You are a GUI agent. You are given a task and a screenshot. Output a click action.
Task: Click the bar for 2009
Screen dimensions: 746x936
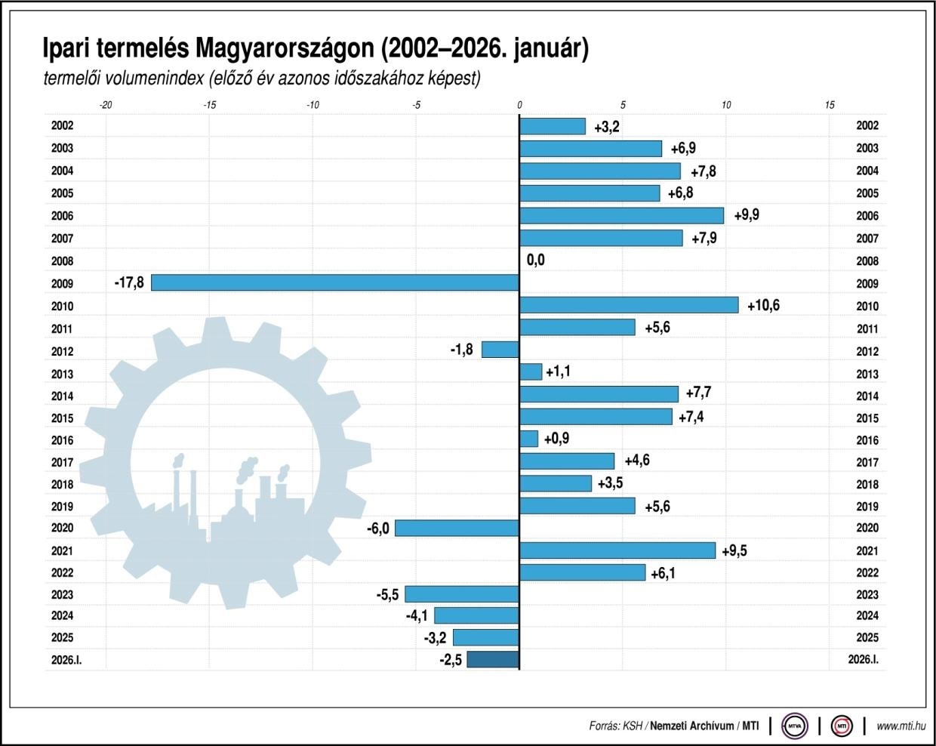(x=335, y=282)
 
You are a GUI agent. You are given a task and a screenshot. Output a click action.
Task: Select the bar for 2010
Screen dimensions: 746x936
(x=629, y=305)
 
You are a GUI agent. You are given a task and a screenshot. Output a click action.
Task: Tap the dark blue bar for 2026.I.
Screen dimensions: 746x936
(x=493, y=659)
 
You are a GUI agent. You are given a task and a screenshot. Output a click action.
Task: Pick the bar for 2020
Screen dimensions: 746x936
(x=457, y=528)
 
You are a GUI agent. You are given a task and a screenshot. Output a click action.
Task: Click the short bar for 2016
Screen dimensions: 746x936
(x=528, y=439)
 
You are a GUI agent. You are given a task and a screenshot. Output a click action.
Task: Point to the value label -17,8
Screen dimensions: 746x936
(x=129, y=283)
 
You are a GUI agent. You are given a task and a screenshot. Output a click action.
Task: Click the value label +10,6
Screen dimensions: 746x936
(x=763, y=306)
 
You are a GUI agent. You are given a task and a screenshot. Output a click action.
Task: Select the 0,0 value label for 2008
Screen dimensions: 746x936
(x=535, y=260)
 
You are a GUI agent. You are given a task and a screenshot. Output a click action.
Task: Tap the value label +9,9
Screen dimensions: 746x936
(x=744, y=215)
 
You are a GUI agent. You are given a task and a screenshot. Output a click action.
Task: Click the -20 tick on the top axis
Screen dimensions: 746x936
(x=106, y=105)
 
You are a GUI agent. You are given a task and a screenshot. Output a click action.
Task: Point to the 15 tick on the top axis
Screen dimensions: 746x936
(x=830, y=105)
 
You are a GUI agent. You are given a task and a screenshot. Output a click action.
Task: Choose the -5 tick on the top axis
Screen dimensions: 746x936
(x=416, y=105)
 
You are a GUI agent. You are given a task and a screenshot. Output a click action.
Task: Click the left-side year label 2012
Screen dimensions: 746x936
(x=62, y=351)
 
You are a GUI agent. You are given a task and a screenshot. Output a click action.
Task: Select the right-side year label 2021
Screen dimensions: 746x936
(x=867, y=551)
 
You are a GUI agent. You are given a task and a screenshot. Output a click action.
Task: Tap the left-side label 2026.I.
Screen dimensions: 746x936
(x=66, y=660)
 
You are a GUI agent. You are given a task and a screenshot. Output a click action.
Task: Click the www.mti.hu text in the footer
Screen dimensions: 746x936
(x=901, y=726)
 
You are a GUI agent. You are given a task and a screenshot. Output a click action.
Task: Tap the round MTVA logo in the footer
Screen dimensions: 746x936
(x=794, y=726)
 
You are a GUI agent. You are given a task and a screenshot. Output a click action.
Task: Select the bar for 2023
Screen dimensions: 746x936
(x=462, y=594)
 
